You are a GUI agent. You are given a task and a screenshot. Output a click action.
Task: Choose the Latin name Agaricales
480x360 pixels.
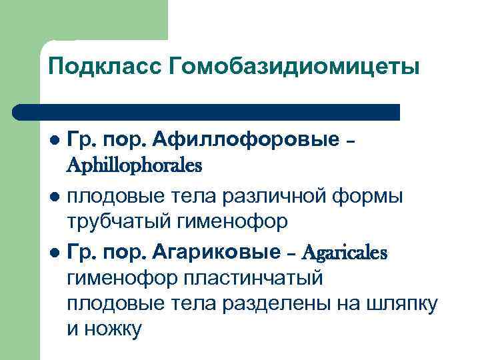pos(345,252)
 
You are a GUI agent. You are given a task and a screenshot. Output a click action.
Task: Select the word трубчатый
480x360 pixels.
pos(119,222)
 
